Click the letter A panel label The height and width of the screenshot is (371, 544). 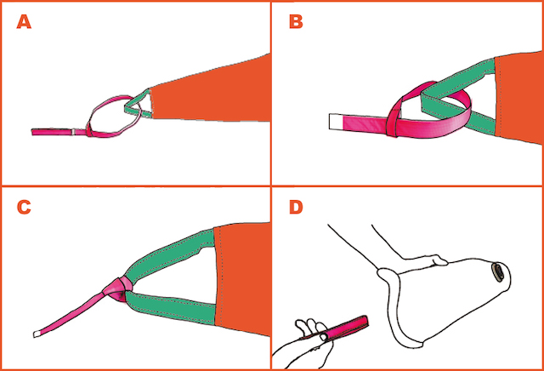(x=25, y=23)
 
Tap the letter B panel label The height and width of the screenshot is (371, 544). (x=296, y=23)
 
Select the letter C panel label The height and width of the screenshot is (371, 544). (x=25, y=208)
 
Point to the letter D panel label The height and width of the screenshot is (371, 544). (x=296, y=208)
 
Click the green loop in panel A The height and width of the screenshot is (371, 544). (x=133, y=106)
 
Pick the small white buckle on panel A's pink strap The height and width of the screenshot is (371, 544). (x=76, y=132)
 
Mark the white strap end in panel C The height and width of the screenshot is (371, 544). (x=39, y=332)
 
